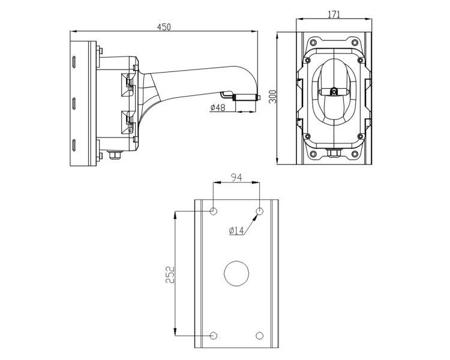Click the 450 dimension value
tap(164, 26)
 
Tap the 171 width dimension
tap(334, 14)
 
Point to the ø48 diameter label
tap(218, 107)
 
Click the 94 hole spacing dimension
tap(236, 178)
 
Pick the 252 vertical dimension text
tap(170, 275)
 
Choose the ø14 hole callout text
tap(236, 230)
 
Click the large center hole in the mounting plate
tap(236, 274)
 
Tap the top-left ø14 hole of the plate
tap(213, 212)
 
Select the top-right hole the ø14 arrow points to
tap(259, 212)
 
